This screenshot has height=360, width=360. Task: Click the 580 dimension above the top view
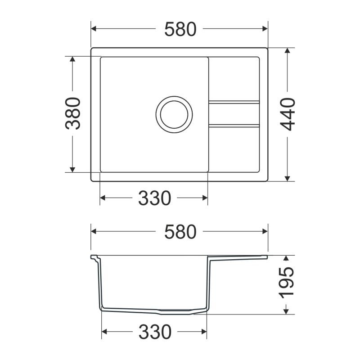coord(180,29)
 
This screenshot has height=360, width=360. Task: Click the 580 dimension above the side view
coord(180,232)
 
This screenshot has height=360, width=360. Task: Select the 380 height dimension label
coord(73,113)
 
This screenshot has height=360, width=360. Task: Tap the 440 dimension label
coord(288,114)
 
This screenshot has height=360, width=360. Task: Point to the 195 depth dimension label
coord(286,283)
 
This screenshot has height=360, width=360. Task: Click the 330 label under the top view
coord(154,198)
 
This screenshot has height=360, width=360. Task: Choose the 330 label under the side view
coord(155,332)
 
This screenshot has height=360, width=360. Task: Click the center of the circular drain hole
coord(174,114)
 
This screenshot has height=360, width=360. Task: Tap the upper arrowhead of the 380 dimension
coord(72,59)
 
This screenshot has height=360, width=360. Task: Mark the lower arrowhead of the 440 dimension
coord(287,178)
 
